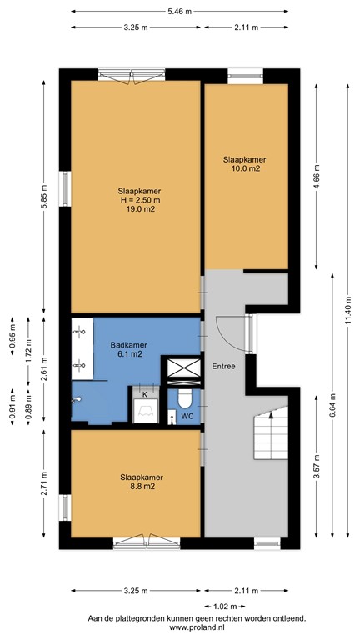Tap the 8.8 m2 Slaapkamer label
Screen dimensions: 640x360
tap(141, 482)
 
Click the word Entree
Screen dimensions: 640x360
tap(223, 367)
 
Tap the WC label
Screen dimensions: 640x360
tap(187, 415)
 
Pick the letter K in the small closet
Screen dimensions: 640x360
tap(144, 393)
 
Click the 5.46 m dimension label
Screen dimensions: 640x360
tap(178, 12)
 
